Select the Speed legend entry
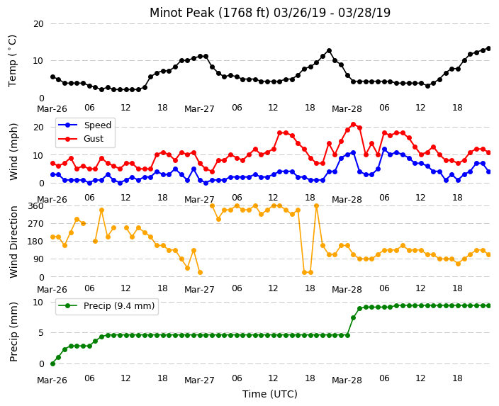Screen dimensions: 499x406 tap(84, 125)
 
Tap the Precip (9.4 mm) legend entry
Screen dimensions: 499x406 tap(106, 306)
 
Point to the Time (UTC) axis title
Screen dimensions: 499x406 tap(270, 394)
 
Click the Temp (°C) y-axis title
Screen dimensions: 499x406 tap(12, 61)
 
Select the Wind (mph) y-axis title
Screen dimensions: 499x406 tap(13, 152)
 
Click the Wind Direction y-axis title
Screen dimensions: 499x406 tap(13, 242)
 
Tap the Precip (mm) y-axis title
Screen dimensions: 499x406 tap(13, 332)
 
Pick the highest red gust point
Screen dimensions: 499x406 tap(353, 125)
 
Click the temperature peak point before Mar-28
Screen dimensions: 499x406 tap(329, 51)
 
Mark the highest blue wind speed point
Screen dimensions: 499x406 tap(384, 150)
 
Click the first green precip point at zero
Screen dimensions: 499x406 tap(53, 363)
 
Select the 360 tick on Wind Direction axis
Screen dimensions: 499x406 tap(35, 206)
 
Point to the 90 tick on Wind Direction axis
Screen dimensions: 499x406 tap(38, 259)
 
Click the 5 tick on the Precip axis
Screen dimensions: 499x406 tap(41, 333)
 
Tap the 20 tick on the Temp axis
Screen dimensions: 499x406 tap(38, 24)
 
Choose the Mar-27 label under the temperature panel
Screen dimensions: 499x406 tap(199, 109)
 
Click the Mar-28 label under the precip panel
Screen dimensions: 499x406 tap(347, 380)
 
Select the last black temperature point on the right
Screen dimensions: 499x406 tap(489, 49)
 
